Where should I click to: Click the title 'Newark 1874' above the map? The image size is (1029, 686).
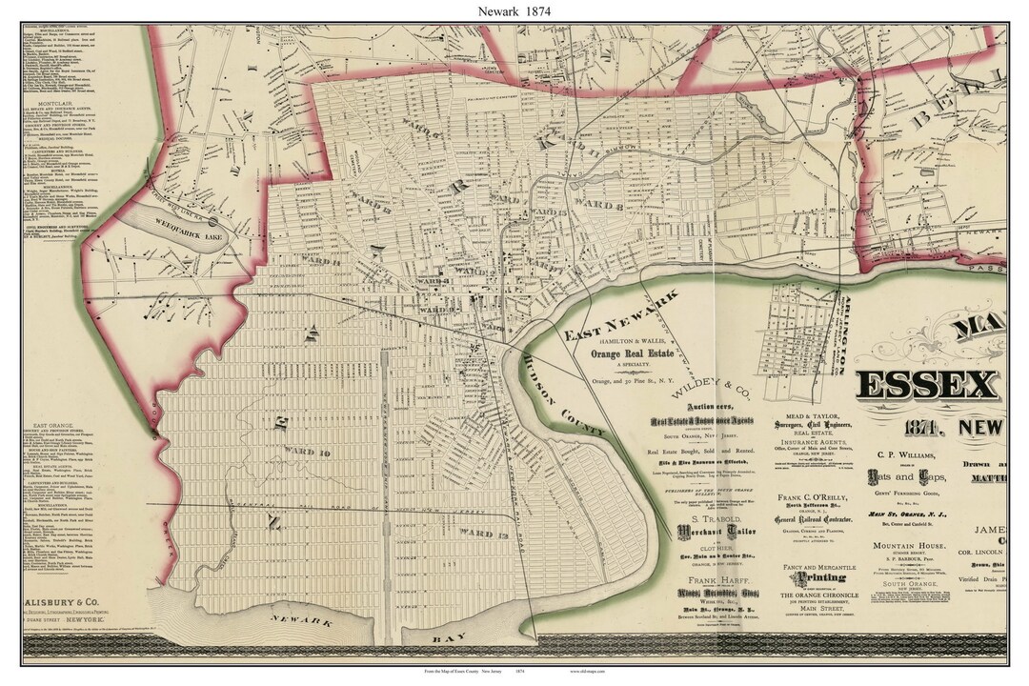(515, 10)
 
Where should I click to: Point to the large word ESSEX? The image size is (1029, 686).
(929, 385)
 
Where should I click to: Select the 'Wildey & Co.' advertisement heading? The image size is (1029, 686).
(706, 386)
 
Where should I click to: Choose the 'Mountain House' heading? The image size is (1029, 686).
(905, 547)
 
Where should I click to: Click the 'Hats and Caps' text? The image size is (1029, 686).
(901, 475)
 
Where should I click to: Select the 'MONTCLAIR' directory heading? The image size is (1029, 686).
(57, 102)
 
